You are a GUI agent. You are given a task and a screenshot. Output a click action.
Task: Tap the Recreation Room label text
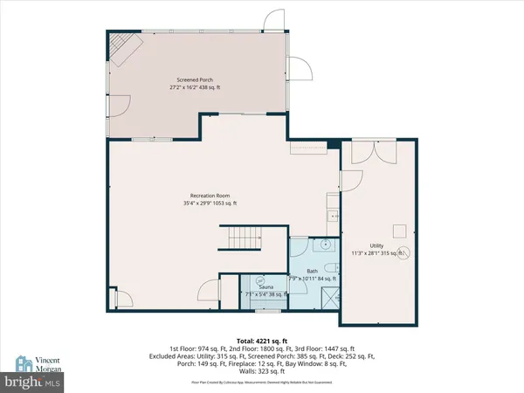(215, 195)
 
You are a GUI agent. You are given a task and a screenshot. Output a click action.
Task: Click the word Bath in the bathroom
(311, 271)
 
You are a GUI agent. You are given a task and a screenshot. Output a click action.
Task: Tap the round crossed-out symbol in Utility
(404, 252)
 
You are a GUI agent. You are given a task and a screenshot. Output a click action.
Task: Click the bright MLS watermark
(32, 382)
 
